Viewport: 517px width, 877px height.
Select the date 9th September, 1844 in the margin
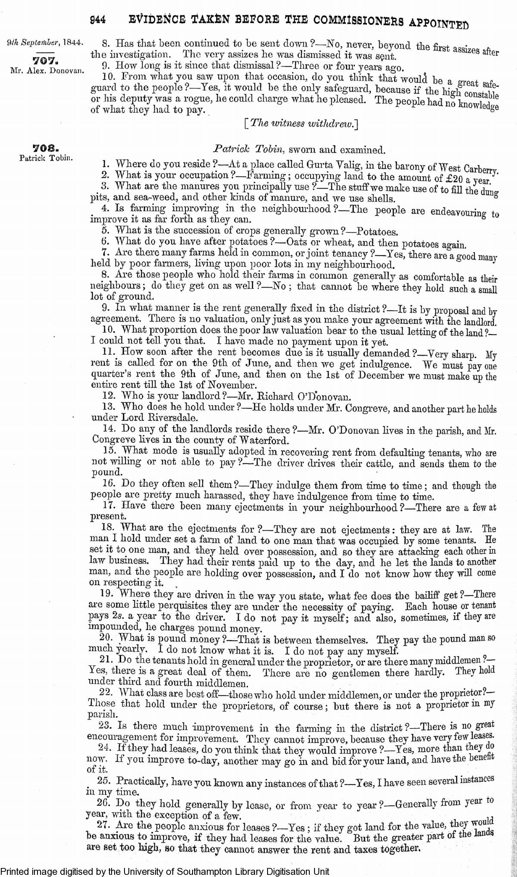point(45,43)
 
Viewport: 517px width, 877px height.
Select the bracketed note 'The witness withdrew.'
point(301,124)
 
